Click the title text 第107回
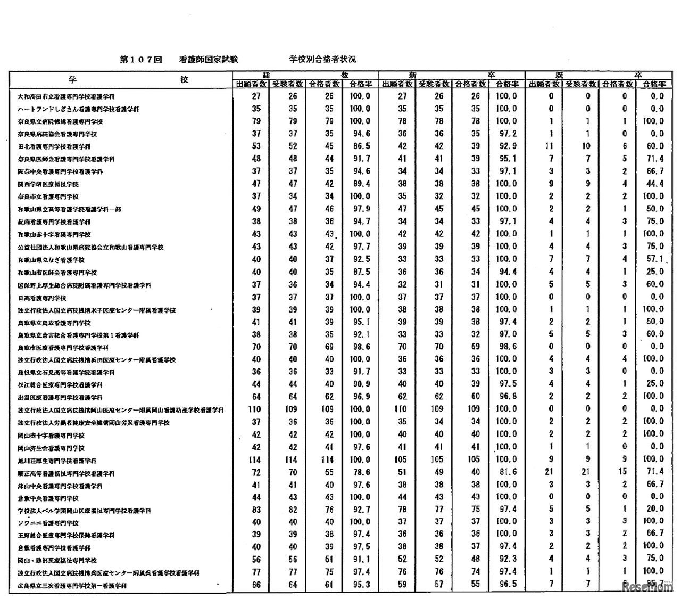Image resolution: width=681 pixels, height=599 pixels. coord(140,60)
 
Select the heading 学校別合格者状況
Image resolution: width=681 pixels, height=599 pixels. coord(322,60)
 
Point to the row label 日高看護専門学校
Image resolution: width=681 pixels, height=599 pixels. coord(42,298)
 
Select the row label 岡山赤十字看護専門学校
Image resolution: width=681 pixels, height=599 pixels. coord(51,435)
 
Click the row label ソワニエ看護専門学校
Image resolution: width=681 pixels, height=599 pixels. coord(48,523)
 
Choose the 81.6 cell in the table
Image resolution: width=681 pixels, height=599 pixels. coord(506,472)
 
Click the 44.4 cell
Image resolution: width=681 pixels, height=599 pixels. coord(653,184)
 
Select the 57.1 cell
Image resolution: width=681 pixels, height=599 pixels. coord(653,259)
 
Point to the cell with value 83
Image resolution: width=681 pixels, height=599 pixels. coord(256,510)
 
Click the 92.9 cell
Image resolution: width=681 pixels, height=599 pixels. coord(506,146)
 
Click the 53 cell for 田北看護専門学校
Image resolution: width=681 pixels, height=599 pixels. coord(256,146)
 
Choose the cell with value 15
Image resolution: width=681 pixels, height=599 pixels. coord(624,472)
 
